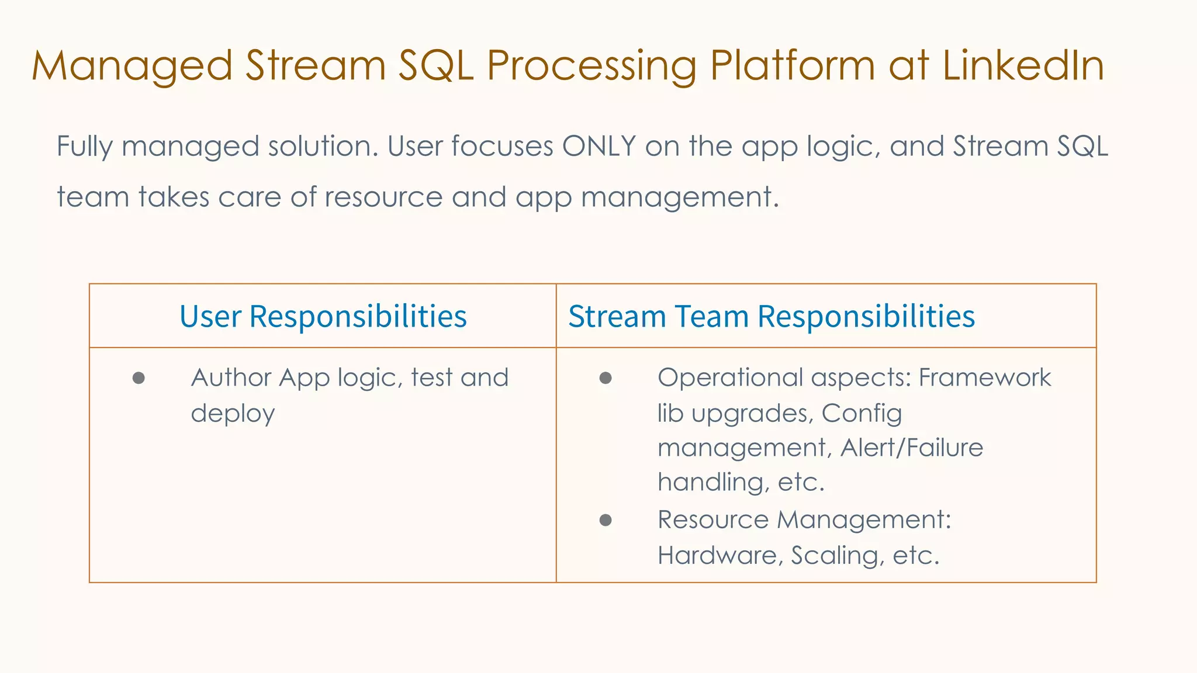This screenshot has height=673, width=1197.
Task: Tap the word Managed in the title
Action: [x=132, y=66]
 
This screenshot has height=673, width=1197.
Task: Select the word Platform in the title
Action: [x=793, y=65]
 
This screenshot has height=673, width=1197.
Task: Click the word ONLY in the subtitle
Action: [x=598, y=146]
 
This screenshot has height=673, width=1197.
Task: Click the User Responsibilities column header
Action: [x=323, y=317]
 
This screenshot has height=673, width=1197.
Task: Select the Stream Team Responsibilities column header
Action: [x=771, y=317]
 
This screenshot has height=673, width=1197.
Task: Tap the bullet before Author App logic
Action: [x=139, y=379]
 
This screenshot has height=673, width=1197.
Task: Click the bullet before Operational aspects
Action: [x=606, y=379]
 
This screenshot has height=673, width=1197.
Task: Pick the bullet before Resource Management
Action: [x=606, y=520]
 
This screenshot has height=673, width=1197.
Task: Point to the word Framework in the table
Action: [x=984, y=377]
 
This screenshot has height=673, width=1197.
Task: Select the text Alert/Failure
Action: [x=912, y=448]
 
